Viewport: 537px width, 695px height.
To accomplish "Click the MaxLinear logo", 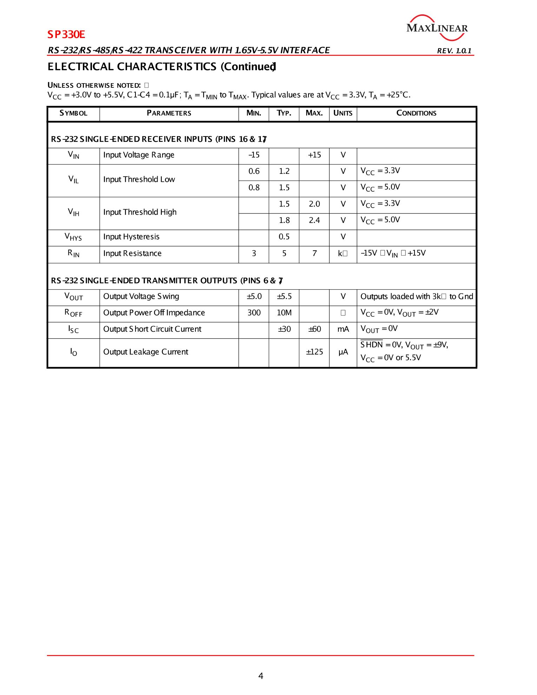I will [x=437, y=28].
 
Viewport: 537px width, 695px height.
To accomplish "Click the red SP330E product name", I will [x=66, y=34].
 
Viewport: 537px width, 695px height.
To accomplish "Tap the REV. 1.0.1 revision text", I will [x=454, y=51].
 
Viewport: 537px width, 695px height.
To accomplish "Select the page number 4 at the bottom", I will [x=261, y=676].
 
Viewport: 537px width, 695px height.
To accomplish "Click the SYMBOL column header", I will [x=73, y=113].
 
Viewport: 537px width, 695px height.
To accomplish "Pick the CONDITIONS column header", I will [x=416, y=113].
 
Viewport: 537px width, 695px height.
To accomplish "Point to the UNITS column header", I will [x=343, y=113].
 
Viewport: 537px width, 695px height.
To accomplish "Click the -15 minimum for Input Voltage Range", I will [x=254, y=155].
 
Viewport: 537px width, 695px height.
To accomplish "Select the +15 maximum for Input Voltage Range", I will [x=314, y=155].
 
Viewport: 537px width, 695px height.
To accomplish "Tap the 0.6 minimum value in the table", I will [x=254, y=171].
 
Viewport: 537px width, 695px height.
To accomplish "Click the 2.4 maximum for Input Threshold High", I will [x=314, y=220].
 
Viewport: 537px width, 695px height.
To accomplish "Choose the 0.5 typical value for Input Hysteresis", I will [x=284, y=237].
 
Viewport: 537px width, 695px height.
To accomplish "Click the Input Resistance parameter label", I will [x=132, y=253].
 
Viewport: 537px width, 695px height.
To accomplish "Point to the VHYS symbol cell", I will [x=73, y=237].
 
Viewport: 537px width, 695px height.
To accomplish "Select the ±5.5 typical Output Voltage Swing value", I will [x=284, y=297].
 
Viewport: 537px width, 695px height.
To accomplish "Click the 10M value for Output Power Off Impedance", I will [x=284, y=313].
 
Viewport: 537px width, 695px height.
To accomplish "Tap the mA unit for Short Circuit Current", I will [x=343, y=329].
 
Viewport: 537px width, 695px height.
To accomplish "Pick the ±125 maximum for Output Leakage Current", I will [x=314, y=352].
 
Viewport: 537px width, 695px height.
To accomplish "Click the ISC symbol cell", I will [x=73, y=329].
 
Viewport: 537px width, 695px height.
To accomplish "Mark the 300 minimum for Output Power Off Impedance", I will [x=254, y=313].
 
